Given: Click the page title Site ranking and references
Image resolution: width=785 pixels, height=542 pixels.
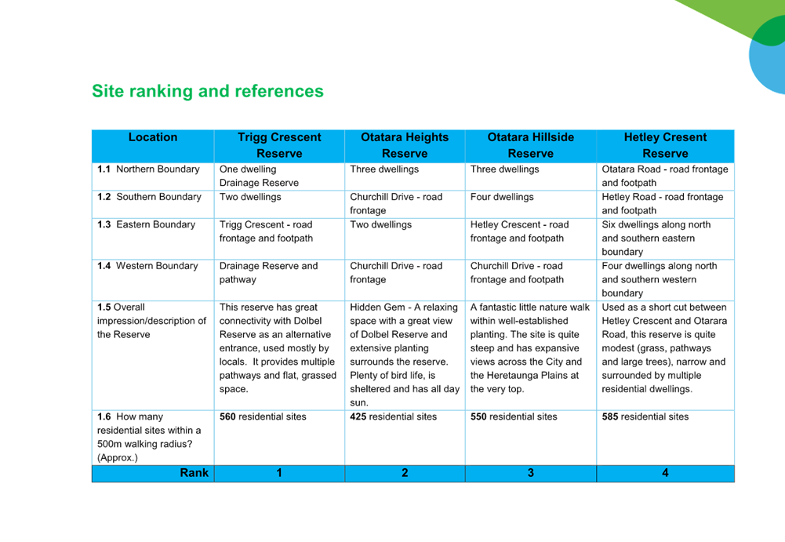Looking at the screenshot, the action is coord(208,91).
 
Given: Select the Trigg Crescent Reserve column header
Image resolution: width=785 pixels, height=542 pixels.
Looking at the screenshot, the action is coord(279,145).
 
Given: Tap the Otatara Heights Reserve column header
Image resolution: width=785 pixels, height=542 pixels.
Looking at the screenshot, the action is coord(405,145).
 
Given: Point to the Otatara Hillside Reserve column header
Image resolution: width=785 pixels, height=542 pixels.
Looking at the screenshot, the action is coord(531,145).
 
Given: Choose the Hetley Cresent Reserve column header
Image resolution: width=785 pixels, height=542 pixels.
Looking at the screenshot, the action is coord(665,145).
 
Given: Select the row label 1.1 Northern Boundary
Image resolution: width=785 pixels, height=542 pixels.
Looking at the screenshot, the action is coord(148,169).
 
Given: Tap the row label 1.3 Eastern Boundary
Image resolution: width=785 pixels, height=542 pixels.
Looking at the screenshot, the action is coord(146,224).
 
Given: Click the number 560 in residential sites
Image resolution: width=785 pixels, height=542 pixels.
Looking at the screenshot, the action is coord(227,417).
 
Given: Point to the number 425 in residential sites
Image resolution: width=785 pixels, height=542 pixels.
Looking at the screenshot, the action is coord(358,417).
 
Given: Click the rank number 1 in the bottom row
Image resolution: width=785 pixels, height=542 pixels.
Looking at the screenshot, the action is coord(279,473).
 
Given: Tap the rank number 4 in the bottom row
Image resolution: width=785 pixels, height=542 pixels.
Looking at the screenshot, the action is coord(665,473).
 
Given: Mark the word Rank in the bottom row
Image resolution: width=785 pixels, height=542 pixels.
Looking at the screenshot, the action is coord(194,473).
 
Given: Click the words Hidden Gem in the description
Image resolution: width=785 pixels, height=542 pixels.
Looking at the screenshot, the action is coord(377,307).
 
